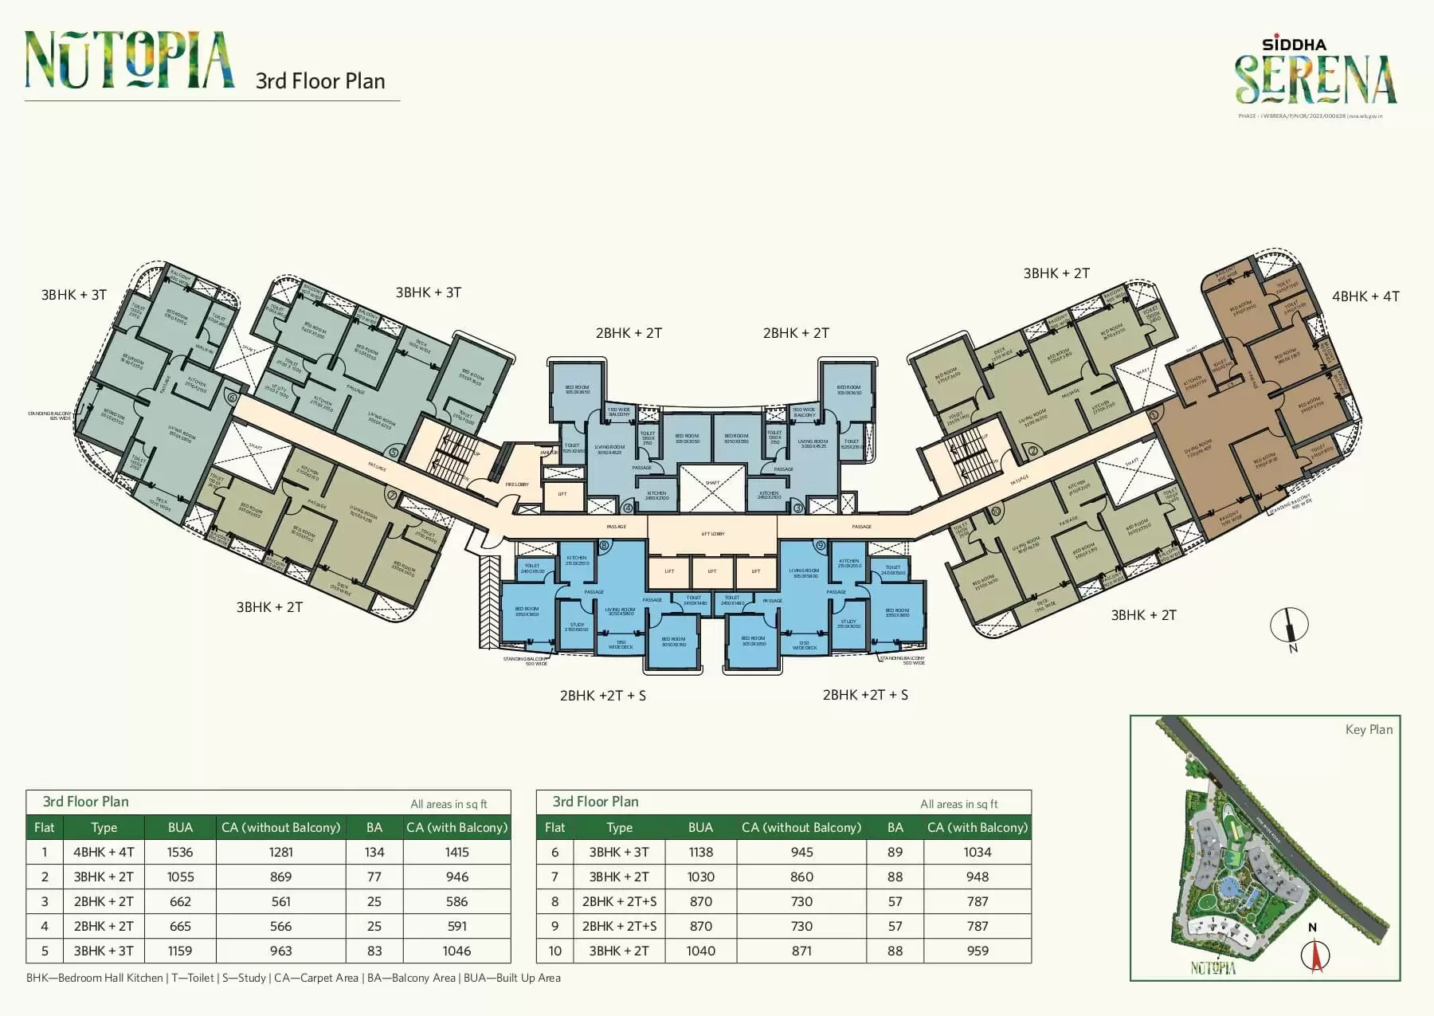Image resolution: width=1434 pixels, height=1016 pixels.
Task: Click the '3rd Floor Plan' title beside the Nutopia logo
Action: coord(320,81)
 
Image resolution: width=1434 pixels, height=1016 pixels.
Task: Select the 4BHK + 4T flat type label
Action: coord(1365,296)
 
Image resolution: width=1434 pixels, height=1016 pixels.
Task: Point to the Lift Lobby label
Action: coord(712,534)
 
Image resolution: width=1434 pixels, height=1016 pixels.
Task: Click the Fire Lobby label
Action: coord(517,484)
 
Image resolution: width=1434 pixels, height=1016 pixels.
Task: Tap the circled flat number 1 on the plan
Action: coord(1153,414)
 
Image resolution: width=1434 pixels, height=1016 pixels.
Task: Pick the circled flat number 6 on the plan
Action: coord(232,397)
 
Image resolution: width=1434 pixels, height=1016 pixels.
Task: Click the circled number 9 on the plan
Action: coord(820,546)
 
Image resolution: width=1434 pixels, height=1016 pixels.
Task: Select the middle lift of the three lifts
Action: coord(712,571)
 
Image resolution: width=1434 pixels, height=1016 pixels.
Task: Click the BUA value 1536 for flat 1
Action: coord(180,852)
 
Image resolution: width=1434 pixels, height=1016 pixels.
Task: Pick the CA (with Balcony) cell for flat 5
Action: coord(456,951)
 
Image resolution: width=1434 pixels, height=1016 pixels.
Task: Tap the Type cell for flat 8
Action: coord(619,901)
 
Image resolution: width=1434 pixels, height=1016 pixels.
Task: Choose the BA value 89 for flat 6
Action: coord(895,852)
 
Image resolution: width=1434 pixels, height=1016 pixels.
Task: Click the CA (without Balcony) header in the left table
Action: coord(280,827)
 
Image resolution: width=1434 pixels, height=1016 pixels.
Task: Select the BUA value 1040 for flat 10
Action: coord(700,951)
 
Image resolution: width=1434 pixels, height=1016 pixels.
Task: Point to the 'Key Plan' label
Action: coord(1369,729)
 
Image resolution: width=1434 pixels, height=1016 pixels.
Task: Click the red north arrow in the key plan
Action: coord(1316,955)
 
